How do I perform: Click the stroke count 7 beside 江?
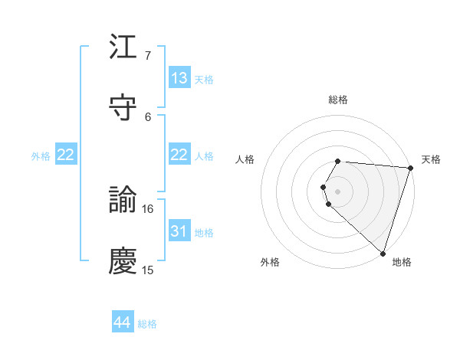pyautogui.click(x=148, y=56)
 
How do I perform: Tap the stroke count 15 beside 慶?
pyautogui.click(x=148, y=270)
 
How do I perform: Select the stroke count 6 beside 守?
pyautogui.click(x=148, y=116)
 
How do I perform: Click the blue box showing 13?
pyautogui.click(x=179, y=78)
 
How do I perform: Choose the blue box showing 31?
pyautogui.click(x=179, y=231)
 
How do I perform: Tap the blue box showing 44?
pyautogui.click(x=123, y=322)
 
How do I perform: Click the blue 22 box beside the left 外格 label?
pyautogui.click(x=65, y=155)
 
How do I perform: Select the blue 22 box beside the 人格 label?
pyautogui.click(x=179, y=155)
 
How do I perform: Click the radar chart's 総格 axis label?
pyautogui.click(x=338, y=100)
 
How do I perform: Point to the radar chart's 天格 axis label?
pyautogui.click(x=431, y=159)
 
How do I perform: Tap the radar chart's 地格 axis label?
pyautogui.click(x=402, y=262)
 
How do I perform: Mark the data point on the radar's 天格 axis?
pyautogui.click(x=410, y=168)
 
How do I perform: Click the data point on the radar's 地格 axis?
pyautogui.click(x=383, y=253)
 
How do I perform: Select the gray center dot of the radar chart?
pyautogui.click(x=338, y=191)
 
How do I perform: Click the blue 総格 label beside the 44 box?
pyautogui.click(x=147, y=324)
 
